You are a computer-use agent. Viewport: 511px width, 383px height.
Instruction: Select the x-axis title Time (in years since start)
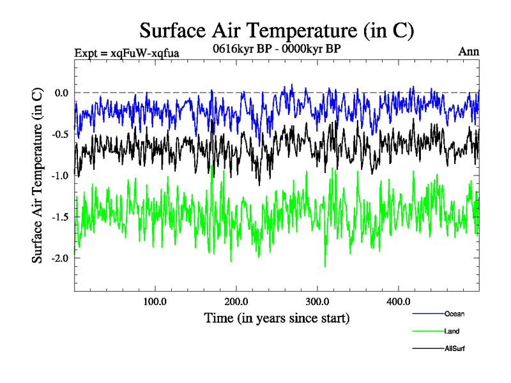pos(277,317)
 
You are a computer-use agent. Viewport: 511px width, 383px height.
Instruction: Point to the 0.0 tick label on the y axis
pos(61,93)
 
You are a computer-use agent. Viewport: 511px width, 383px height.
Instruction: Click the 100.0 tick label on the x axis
pos(155,302)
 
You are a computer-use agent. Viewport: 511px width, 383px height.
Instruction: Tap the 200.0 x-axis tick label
pos(236,302)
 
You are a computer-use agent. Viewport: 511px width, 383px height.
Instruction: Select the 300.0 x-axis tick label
pos(317,302)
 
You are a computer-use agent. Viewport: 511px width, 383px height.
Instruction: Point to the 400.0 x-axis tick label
pos(399,302)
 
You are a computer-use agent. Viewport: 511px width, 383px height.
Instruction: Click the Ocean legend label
pos(455,314)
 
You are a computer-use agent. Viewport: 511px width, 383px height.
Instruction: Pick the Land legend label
pos(452,331)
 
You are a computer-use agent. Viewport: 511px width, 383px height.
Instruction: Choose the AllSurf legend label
pos(455,349)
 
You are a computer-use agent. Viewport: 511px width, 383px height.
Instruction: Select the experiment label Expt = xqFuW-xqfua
pos(126,52)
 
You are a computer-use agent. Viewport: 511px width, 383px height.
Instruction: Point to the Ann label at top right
pos(469,52)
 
